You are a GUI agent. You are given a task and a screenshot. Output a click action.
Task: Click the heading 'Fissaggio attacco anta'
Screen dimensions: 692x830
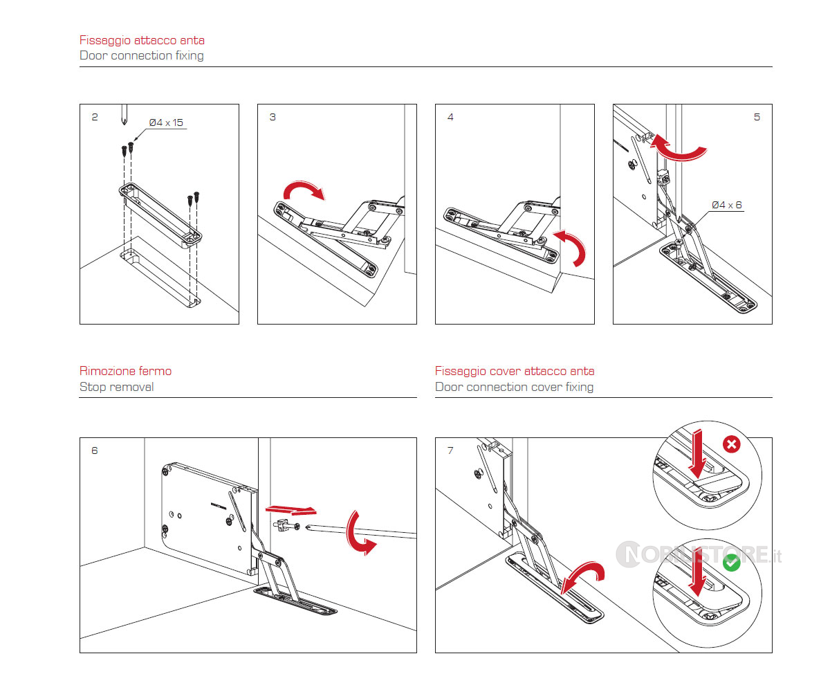[x=142, y=40]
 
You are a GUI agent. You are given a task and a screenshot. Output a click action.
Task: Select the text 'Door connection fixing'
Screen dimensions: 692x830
[x=142, y=55]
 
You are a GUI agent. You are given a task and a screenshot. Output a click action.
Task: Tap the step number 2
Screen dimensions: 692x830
[x=95, y=117]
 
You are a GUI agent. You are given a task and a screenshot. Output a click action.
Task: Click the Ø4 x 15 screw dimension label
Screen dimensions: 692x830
[x=166, y=122]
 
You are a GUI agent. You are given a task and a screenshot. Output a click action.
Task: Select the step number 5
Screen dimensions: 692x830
[x=757, y=117]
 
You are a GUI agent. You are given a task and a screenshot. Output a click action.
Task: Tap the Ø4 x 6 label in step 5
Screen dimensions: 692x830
[x=727, y=205]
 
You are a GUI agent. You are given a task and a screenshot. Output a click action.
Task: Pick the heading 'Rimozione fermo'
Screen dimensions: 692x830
[x=125, y=371]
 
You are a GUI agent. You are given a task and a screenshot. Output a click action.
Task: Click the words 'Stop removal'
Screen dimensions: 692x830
[x=116, y=387]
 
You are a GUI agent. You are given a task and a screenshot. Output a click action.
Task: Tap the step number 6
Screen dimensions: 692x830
[x=95, y=450]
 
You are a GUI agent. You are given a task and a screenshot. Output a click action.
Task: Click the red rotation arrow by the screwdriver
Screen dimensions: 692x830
[x=360, y=533]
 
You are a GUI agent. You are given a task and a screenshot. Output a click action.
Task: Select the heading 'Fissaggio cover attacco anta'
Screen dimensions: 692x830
[x=515, y=371]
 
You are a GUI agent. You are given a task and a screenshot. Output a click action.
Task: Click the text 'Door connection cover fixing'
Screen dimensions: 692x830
[x=514, y=387]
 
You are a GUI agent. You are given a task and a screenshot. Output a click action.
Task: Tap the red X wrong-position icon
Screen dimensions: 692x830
[x=730, y=444]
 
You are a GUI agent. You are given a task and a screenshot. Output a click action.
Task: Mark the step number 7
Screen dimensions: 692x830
[x=450, y=450]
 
